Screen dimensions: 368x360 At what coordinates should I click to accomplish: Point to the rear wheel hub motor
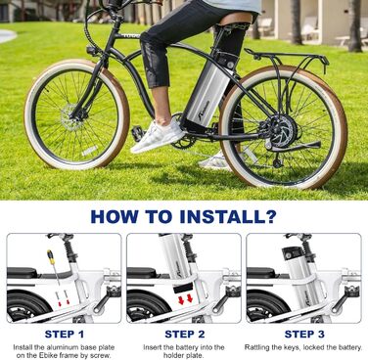[283, 132]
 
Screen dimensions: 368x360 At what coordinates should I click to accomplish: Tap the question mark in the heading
[269, 216]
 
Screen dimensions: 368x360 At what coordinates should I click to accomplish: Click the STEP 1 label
[65, 334]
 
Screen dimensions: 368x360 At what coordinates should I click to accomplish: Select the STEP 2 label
[185, 334]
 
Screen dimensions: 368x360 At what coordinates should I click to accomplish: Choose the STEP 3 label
[304, 334]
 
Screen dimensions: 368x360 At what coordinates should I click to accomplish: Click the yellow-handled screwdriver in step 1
[53, 266]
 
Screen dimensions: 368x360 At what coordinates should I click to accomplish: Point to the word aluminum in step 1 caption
[64, 347]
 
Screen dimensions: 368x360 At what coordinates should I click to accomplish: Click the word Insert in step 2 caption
[152, 347]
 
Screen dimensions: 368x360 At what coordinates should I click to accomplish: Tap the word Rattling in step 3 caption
[256, 347]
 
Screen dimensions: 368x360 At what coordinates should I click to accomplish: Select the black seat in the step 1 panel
[23, 273]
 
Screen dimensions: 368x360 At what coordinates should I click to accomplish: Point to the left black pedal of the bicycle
[138, 133]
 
